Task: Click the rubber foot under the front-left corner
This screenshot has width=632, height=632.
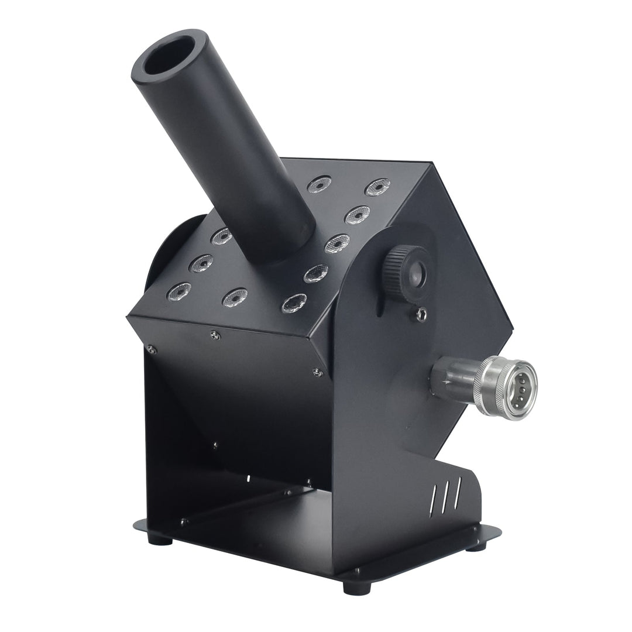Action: pyautogui.click(x=160, y=539)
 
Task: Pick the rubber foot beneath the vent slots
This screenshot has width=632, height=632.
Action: pyautogui.click(x=475, y=547)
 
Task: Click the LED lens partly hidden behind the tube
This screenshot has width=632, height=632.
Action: pyautogui.click(x=222, y=236)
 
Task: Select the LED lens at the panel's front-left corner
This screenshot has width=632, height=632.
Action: pyautogui.click(x=178, y=291)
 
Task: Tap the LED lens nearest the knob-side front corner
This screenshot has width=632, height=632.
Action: pyautogui.click(x=294, y=303)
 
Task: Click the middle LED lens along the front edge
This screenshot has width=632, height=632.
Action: pyautogui.click(x=235, y=297)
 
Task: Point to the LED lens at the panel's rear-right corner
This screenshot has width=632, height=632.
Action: pyautogui.click(x=377, y=187)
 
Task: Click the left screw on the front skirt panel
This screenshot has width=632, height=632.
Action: pyautogui.click(x=152, y=349)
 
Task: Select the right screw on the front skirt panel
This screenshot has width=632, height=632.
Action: pyautogui.click(x=317, y=372)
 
